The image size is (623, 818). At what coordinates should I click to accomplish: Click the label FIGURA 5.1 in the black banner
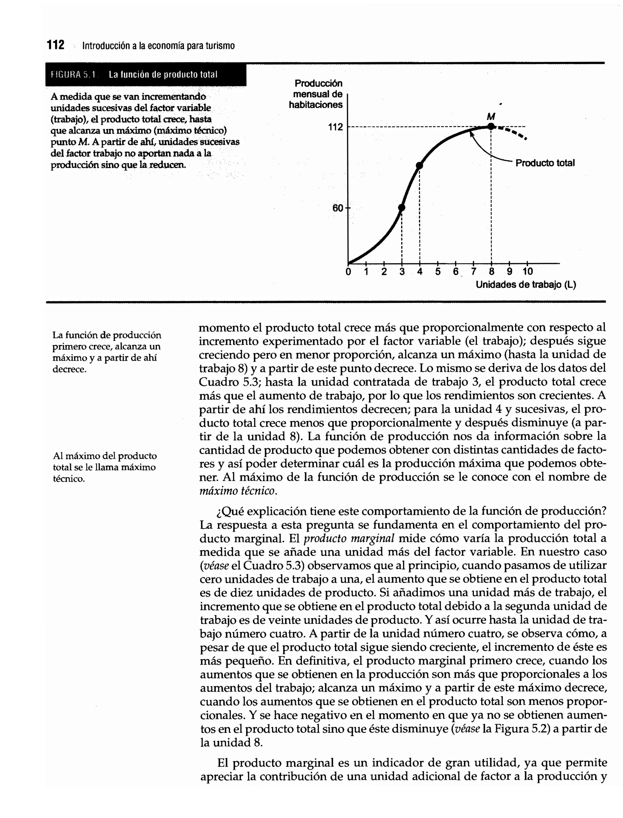[x=73, y=75]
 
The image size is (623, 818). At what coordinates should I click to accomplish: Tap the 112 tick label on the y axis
[x=335, y=127]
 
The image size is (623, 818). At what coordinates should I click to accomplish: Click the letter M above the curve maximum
[x=491, y=117]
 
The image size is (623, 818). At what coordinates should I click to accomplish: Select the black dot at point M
[x=491, y=127]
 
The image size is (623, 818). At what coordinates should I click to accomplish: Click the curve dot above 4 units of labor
[x=419, y=166]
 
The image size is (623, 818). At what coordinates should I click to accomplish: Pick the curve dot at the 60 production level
[x=402, y=208]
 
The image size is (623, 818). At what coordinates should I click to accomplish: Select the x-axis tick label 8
[x=491, y=272]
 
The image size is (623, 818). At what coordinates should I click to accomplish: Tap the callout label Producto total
[x=545, y=163]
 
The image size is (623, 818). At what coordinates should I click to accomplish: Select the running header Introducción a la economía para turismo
[x=158, y=46]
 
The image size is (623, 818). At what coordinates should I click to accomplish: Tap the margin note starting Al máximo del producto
[x=105, y=467]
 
